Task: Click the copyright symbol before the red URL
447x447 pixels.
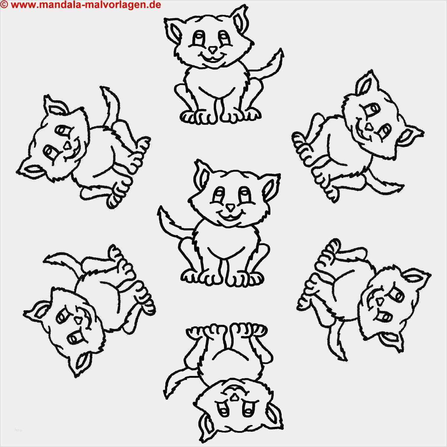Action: pyautogui.click(x=4, y=4)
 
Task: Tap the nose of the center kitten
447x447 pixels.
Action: pyautogui.click(x=230, y=207)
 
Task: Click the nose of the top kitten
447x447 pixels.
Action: pyautogui.click(x=212, y=50)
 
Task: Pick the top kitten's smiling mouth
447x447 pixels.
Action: pyautogui.click(x=212, y=58)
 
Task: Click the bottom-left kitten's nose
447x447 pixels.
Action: pyautogui.click(x=78, y=320)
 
